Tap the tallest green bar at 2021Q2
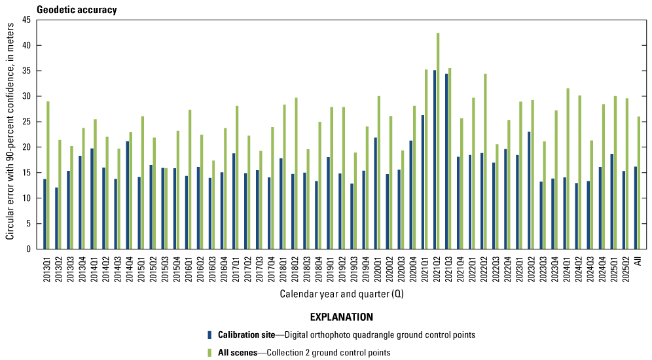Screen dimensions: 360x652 click(438, 141)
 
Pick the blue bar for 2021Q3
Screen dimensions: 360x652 click(446, 161)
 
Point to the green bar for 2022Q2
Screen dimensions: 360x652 click(485, 161)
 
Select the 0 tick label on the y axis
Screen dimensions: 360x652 click(29, 249)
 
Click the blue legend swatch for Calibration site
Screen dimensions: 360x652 click(209, 334)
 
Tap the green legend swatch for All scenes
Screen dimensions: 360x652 click(209, 352)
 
